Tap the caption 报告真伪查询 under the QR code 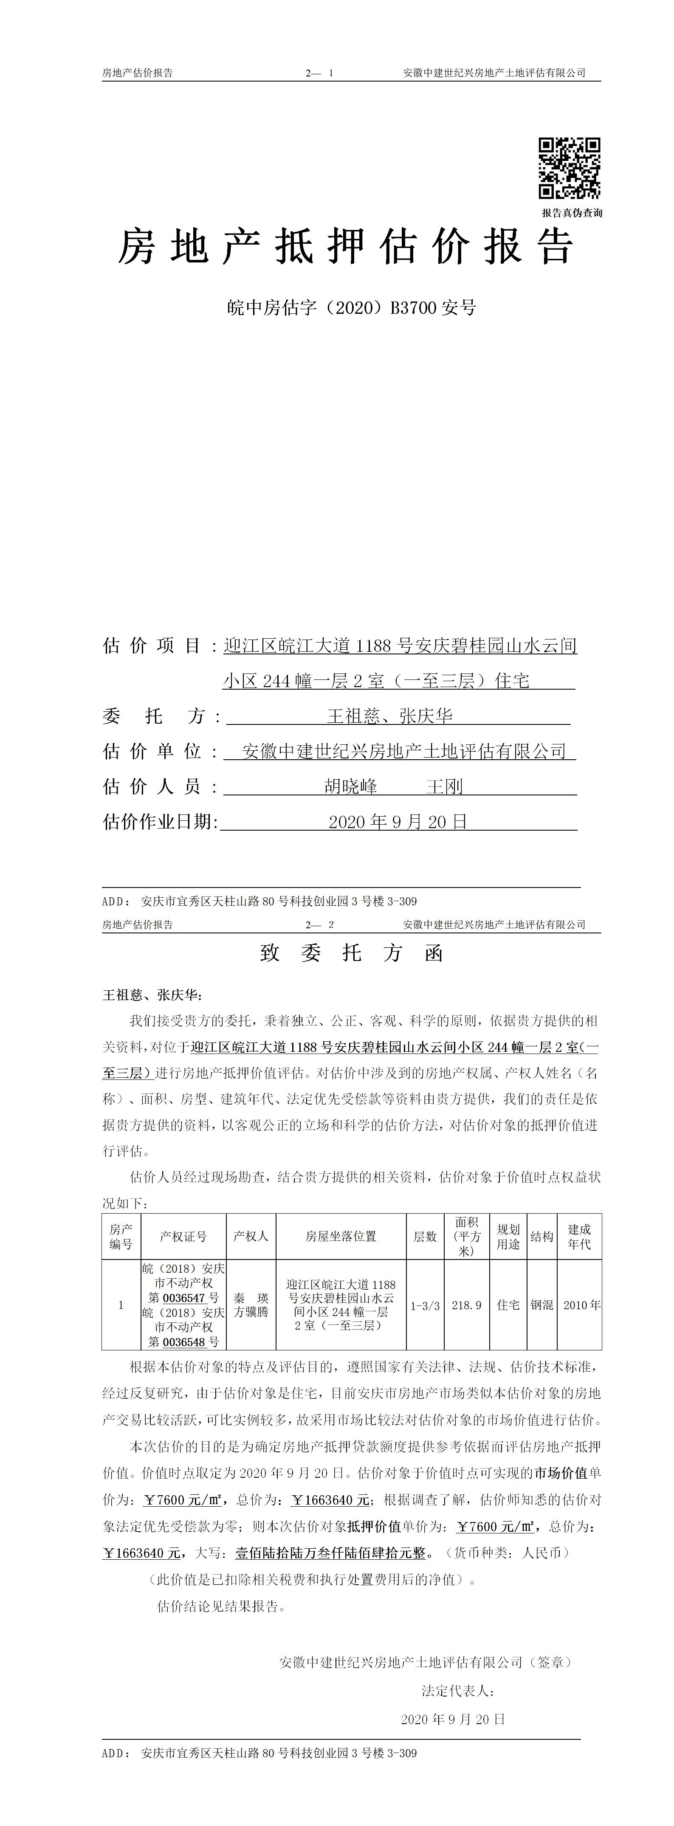click(572, 213)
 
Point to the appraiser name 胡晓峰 click(351, 786)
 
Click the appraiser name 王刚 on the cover click(444, 786)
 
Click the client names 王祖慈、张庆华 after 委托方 click(390, 716)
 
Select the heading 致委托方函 click(352, 953)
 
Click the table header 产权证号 click(183, 1236)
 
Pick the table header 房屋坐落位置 click(341, 1236)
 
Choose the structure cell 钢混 click(541, 1304)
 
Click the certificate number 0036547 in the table click(183, 1298)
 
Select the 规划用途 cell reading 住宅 click(508, 1304)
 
